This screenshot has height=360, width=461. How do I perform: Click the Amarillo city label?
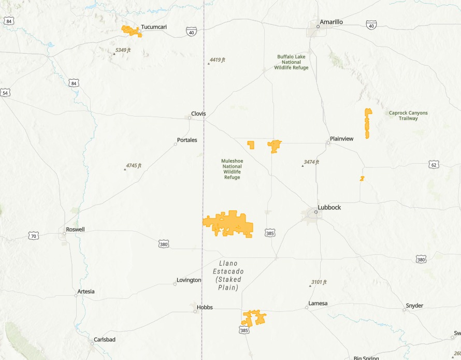[x=331, y=22]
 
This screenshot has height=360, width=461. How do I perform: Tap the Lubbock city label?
[x=329, y=207]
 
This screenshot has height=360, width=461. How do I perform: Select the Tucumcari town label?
[x=154, y=27]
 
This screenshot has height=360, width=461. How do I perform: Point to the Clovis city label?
[x=198, y=113]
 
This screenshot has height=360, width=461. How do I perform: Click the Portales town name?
[x=187, y=140]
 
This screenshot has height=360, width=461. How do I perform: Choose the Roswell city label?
[x=75, y=229]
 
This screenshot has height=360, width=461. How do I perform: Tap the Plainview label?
[x=342, y=139]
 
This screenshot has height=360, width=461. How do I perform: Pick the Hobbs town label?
[x=205, y=307]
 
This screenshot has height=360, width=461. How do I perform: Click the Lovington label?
[x=189, y=280]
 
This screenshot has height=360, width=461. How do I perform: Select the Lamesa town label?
[x=318, y=303]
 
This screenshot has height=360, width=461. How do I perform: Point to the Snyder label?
[x=414, y=306]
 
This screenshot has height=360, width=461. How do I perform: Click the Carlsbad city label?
[x=104, y=339]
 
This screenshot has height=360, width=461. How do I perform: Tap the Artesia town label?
[x=86, y=291]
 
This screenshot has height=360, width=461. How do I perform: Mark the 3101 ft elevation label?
[x=319, y=282]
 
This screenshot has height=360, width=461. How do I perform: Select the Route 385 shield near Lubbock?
[x=270, y=233]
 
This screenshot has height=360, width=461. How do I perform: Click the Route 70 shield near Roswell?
[x=34, y=236]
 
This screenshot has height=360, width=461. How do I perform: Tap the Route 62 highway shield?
[x=434, y=165]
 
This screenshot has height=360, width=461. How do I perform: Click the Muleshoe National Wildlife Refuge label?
[x=232, y=169]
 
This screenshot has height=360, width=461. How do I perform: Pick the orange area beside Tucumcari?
[x=131, y=31]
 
